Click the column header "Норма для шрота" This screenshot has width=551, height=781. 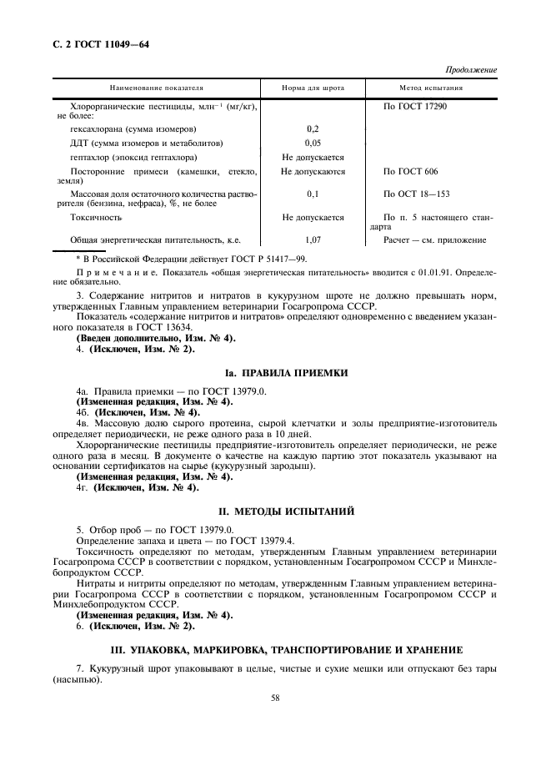point(313,88)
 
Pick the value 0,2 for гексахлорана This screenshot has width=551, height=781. point(313,129)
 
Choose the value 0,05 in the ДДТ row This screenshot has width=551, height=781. point(313,144)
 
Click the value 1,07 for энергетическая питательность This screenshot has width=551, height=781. point(313,239)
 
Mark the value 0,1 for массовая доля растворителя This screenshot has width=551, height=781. point(313,194)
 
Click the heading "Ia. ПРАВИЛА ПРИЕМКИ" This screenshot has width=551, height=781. point(275,372)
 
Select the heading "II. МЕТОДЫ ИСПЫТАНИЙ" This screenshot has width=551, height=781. point(275,509)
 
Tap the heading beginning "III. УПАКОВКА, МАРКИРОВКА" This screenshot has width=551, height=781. point(275,649)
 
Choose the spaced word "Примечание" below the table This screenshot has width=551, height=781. point(106,273)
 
